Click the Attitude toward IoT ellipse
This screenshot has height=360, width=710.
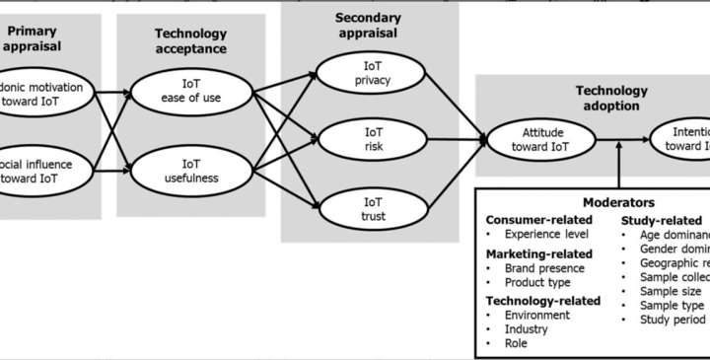(x=540, y=139)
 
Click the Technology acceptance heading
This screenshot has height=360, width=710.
(x=190, y=40)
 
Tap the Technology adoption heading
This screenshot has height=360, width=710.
(x=611, y=98)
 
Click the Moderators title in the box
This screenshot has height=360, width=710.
(x=617, y=202)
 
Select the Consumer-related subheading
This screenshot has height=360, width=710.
(x=538, y=220)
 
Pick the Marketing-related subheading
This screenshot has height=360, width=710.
(x=540, y=253)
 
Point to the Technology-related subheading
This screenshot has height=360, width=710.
(x=543, y=301)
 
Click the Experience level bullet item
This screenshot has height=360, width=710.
(x=546, y=235)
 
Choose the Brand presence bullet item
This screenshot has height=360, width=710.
(x=544, y=268)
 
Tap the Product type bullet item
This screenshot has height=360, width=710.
(x=537, y=282)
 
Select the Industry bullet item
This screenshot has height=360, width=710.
(x=528, y=329)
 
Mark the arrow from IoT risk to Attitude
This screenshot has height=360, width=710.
(x=444, y=139)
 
